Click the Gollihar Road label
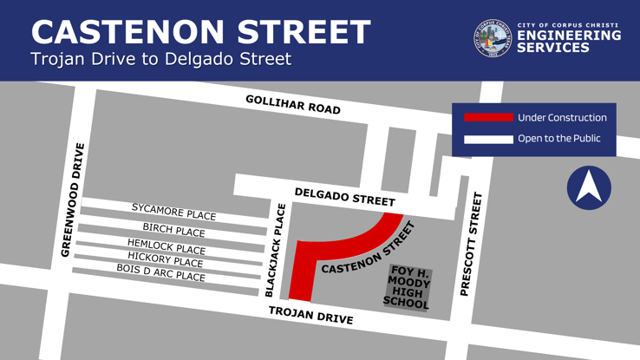(292, 104)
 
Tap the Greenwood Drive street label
(73, 200)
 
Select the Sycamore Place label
(173, 212)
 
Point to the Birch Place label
(173, 230)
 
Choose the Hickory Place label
(165, 260)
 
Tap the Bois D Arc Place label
(160, 273)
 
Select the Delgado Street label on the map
(344, 197)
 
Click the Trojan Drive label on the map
(310, 315)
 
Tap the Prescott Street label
(470, 245)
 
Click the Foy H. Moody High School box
(408, 287)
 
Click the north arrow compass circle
(589, 187)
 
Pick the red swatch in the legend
(487, 117)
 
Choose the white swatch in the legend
(487, 139)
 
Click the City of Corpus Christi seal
(493, 39)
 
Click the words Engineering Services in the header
(569, 42)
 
